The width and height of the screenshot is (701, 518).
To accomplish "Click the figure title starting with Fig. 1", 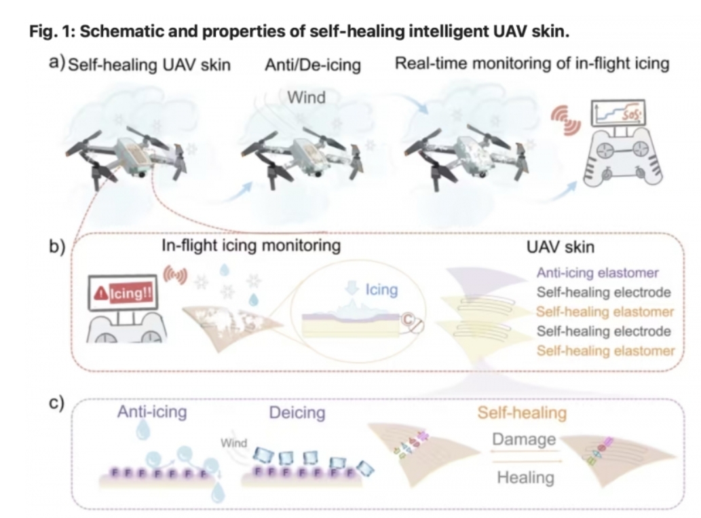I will pyautogui.click(x=298, y=32).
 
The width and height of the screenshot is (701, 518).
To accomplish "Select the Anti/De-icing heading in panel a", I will pyautogui.click(x=313, y=65).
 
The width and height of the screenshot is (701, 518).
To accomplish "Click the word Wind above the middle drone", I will pyautogui.click(x=306, y=97).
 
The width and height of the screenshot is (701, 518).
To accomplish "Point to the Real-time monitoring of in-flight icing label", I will pyautogui.click(x=532, y=64).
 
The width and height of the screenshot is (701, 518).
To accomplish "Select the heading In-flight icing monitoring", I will pyautogui.click(x=251, y=246).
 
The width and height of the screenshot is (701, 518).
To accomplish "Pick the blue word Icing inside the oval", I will pyautogui.click(x=381, y=291).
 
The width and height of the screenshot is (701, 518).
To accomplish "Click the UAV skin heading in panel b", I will pyautogui.click(x=561, y=246).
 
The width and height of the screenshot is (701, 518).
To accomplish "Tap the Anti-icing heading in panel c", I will pyautogui.click(x=153, y=412).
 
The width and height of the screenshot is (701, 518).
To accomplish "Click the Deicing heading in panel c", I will pyautogui.click(x=297, y=412).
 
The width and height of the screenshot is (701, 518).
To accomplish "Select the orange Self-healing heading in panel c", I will pyautogui.click(x=522, y=412).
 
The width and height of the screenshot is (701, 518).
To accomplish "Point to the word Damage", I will pyautogui.click(x=524, y=439).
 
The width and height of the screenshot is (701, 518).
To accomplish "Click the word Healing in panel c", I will pyautogui.click(x=525, y=477).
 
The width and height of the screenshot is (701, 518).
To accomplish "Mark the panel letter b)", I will pyautogui.click(x=57, y=245).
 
